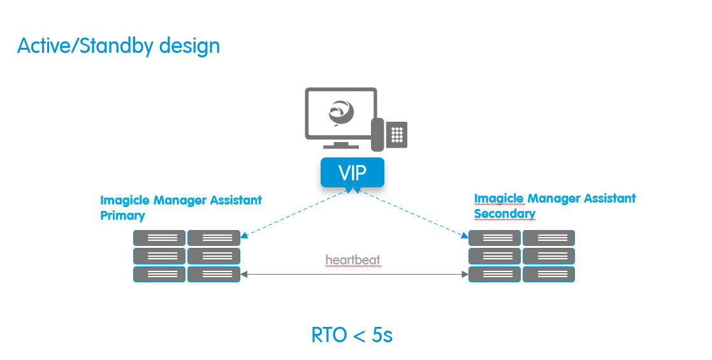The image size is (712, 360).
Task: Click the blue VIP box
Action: pyautogui.click(x=352, y=172)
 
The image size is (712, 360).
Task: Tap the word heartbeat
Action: pyautogui.click(x=352, y=260)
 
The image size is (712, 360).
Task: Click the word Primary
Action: pyautogui.click(x=122, y=215)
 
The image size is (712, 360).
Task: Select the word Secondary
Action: pyautogui.click(x=504, y=213)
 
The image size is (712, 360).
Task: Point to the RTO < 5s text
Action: pyautogui.click(x=352, y=335)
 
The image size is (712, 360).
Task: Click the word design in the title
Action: pyautogui.click(x=189, y=46)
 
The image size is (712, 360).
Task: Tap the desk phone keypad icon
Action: pyautogui.click(x=398, y=134)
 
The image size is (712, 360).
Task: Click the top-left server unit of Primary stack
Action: pyautogui.click(x=159, y=238)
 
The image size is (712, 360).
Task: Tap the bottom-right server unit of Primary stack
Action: pyautogui.click(x=214, y=275)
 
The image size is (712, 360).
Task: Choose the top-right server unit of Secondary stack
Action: pyautogui.click(x=549, y=238)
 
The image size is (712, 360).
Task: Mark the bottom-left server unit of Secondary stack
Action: pyautogui.click(x=495, y=275)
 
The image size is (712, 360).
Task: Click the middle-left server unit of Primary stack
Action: pyautogui.click(x=159, y=256)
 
